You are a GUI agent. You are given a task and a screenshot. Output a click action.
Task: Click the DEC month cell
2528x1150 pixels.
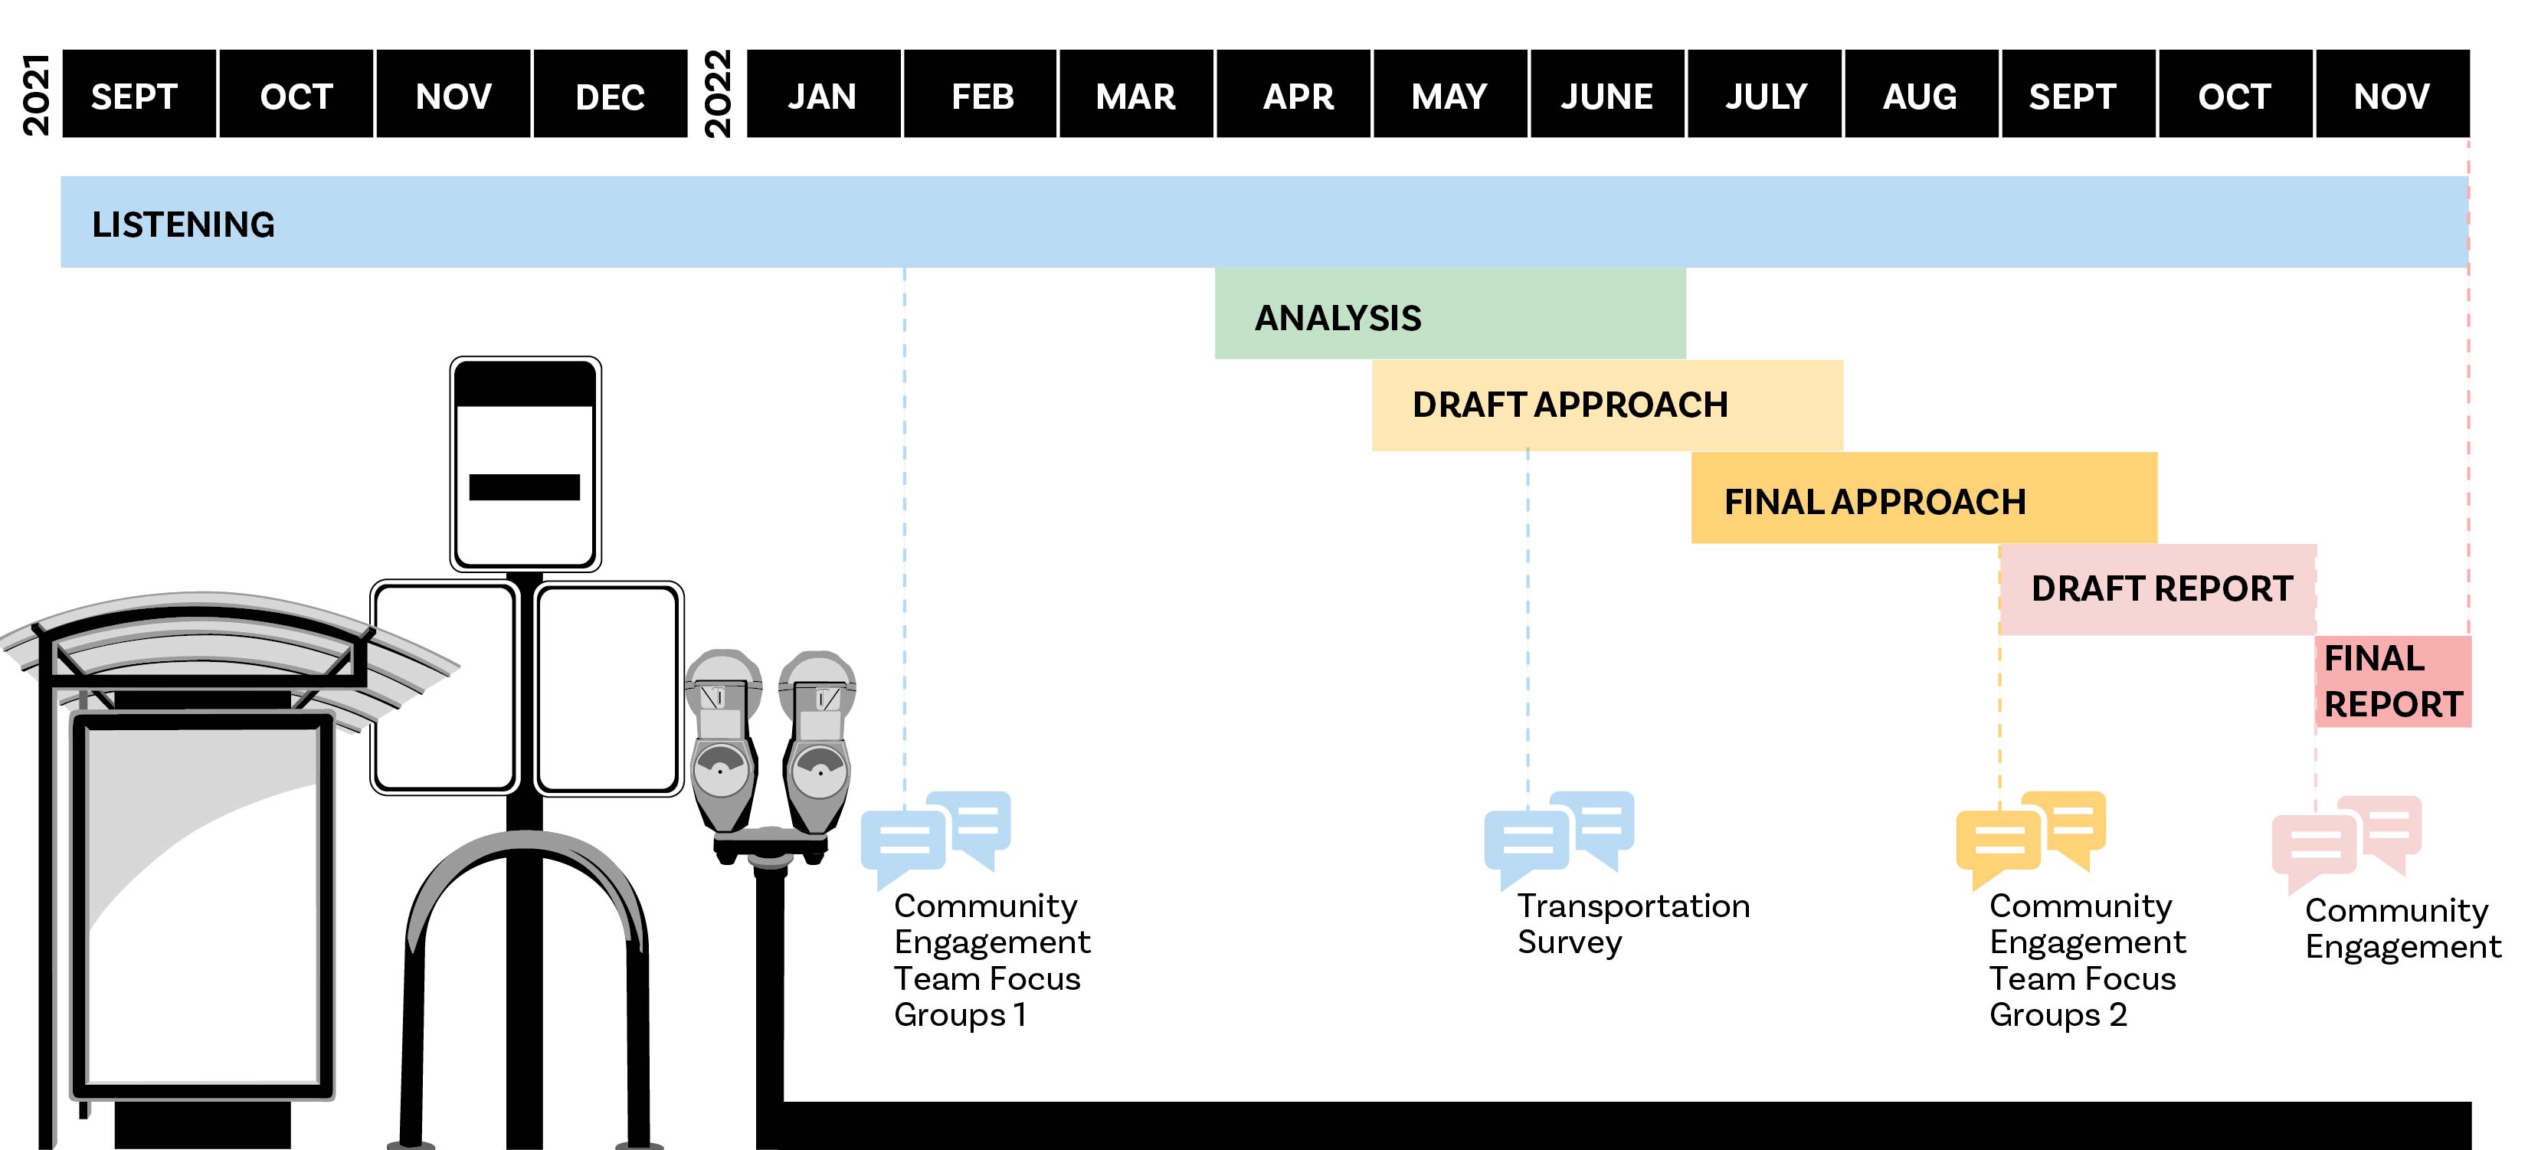click(610, 95)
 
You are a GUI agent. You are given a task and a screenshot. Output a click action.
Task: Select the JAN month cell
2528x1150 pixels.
click(823, 95)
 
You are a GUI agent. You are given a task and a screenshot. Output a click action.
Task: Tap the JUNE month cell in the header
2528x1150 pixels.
click(1606, 95)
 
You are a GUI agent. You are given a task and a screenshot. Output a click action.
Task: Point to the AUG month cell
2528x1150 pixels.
click(1921, 95)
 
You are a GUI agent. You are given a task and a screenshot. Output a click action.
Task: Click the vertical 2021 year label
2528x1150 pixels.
click(36, 94)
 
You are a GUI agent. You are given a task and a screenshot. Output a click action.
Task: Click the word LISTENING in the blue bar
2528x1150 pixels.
click(184, 224)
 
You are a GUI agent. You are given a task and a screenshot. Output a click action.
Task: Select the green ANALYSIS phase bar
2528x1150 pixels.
click(1449, 315)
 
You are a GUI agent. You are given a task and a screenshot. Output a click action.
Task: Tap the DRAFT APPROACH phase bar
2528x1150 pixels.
click(1606, 405)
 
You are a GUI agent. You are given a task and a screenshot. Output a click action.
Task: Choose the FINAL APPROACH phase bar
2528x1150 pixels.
click(1924, 499)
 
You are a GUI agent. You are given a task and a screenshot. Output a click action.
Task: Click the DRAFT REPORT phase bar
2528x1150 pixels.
click(2157, 588)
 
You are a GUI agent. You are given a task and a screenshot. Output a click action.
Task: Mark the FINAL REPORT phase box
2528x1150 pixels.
click(2392, 681)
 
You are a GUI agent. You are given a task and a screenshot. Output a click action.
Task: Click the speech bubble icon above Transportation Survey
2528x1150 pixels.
click(1558, 835)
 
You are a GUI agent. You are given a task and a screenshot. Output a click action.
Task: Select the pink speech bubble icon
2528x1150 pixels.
click(2346, 840)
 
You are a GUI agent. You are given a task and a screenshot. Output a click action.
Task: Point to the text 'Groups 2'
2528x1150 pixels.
click(2057, 1014)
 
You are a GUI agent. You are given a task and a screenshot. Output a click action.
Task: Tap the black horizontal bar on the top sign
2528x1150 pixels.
click(524, 487)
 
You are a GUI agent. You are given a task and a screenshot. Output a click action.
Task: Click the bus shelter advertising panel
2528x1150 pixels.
click(202, 903)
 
